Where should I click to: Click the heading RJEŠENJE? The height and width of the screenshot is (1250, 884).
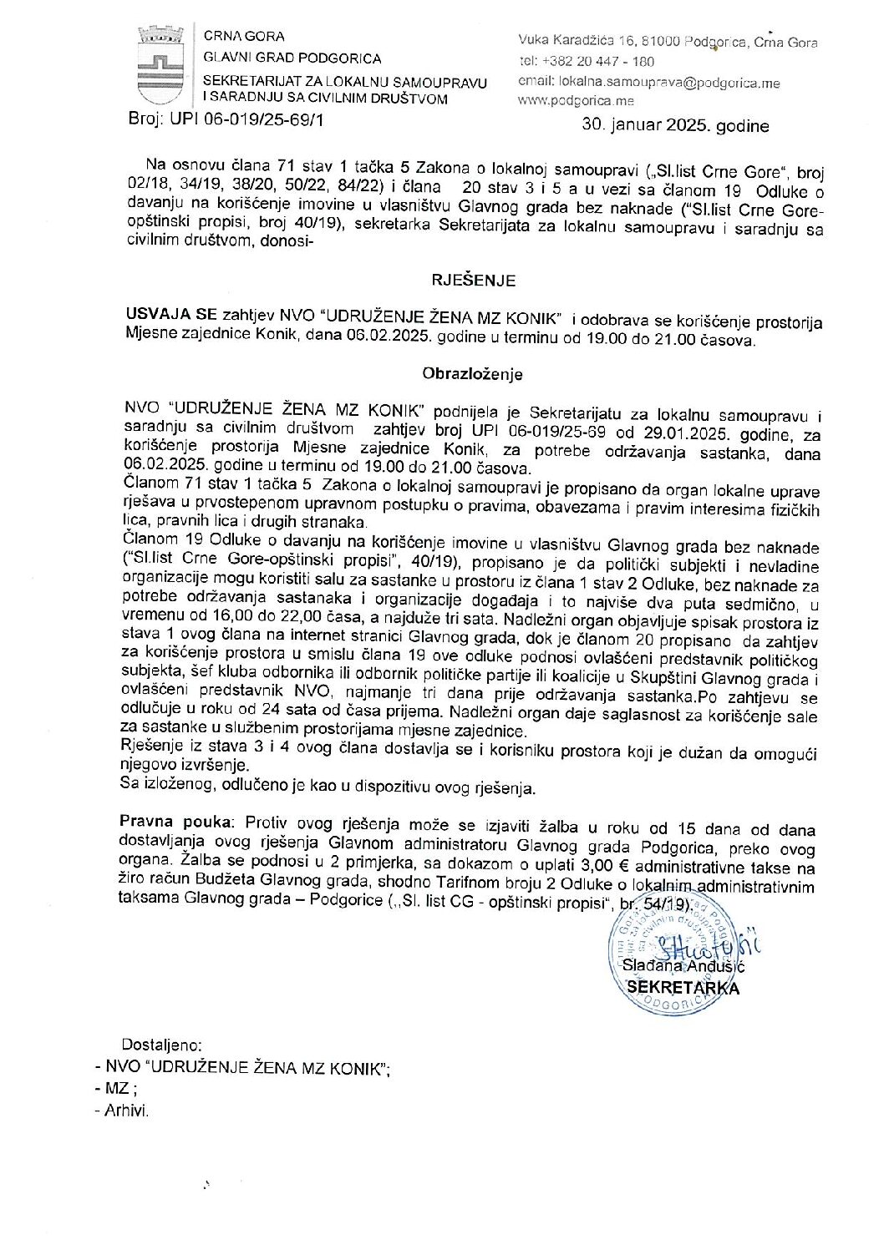click(x=472, y=281)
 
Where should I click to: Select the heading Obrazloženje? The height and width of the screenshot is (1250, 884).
click(x=472, y=373)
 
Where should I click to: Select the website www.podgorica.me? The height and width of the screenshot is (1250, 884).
click(x=576, y=101)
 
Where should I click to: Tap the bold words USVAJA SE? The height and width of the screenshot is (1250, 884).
click(x=170, y=315)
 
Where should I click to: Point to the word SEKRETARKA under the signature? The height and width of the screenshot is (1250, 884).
click(x=683, y=987)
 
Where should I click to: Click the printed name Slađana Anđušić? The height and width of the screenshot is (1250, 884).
click(x=684, y=966)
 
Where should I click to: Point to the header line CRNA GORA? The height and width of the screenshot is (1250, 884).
click(x=244, y=36)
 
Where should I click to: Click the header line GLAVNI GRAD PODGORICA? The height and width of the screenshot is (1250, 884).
click(x=292, y=58)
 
